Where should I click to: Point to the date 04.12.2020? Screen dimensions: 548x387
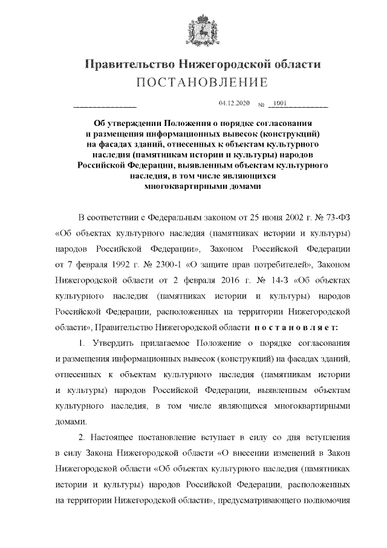pos(233,104)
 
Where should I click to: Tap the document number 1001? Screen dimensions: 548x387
pos(280,104)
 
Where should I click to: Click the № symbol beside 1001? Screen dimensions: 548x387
pos(261,105)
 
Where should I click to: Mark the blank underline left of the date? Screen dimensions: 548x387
pos(104,107)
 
